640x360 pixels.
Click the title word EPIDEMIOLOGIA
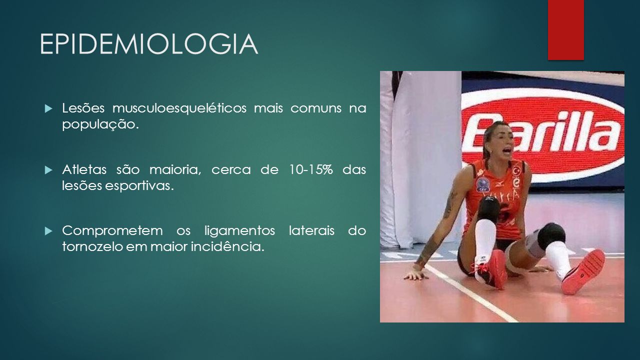pos(149,44)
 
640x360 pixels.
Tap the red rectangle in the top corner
pos(565,29)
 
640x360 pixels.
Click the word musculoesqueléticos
pos(179,108)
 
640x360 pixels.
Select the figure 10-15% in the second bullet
pos(311,169)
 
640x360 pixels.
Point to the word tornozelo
pos(92,247)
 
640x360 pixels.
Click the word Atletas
pos(84,169)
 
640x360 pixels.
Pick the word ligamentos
pos(239,231)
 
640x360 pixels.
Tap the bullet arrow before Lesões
pos(48,108)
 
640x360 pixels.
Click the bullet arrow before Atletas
pos(48,170)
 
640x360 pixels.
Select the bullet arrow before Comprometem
pos(48,231)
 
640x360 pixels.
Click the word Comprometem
pos(112,231)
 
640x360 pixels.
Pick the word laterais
pos(311,231)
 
